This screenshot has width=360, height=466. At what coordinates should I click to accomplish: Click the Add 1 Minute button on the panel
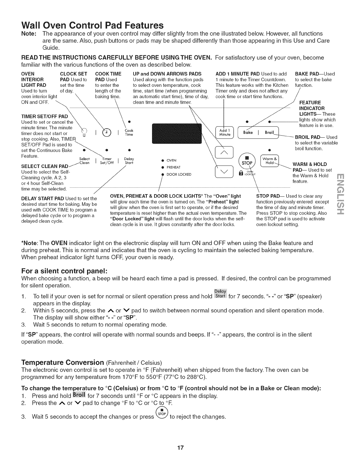[x=224, y=133]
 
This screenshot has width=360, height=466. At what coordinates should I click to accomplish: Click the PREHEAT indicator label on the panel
[x=173, y=167]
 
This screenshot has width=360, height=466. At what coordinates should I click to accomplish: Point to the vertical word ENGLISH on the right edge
[x=341, y=194]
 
